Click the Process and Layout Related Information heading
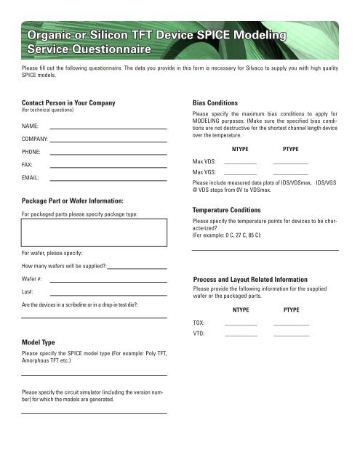tap(265, 279)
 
